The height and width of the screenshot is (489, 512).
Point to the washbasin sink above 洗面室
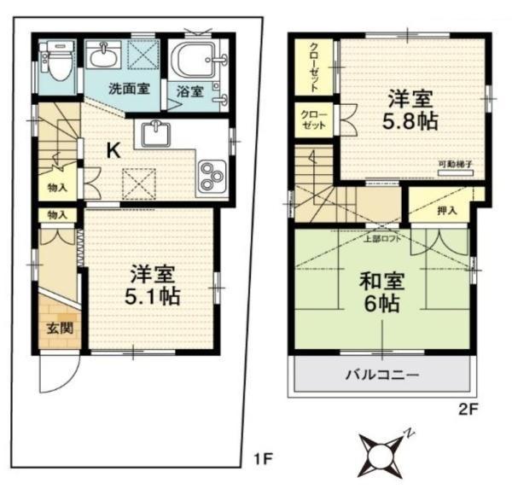tap(107, 56)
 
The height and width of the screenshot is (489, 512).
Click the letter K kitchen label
tap(113, 150)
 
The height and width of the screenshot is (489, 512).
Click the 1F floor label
tap(262, 459)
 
